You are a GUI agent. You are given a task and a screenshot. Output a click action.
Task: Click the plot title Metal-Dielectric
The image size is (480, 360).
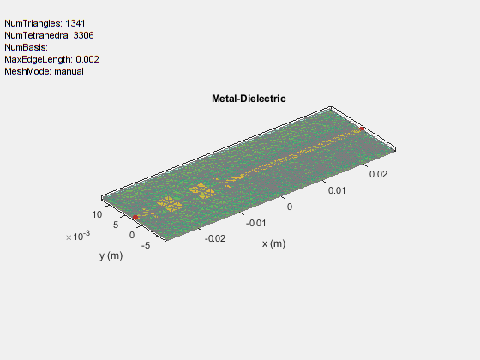tap(249, 99)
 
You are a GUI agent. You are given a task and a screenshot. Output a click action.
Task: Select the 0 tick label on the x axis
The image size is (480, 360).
tap(290, 207)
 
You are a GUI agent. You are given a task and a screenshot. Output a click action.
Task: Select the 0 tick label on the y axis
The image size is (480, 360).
tap(132, 234)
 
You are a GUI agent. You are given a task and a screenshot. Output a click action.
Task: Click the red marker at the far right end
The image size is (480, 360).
tap(362, 129)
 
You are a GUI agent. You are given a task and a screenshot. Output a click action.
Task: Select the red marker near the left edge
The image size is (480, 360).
tap(135, 217)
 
